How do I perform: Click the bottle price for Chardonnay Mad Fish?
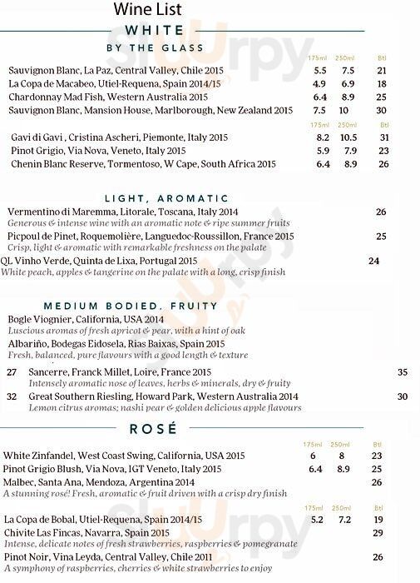[382, 97]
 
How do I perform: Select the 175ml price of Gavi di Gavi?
[324, 137]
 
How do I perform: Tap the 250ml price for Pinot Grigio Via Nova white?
[350, 151]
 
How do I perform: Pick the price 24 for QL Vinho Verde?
[373, 261]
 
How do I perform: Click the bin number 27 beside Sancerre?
[12, 371]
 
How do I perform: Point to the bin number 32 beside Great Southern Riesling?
[12, 396]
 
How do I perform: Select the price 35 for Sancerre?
[403, 371]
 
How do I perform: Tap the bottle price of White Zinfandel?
[377, 456]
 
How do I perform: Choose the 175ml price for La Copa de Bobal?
[317, 519]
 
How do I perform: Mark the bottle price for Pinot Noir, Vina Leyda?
[378, 557]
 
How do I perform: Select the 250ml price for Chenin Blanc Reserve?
[350, 164]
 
